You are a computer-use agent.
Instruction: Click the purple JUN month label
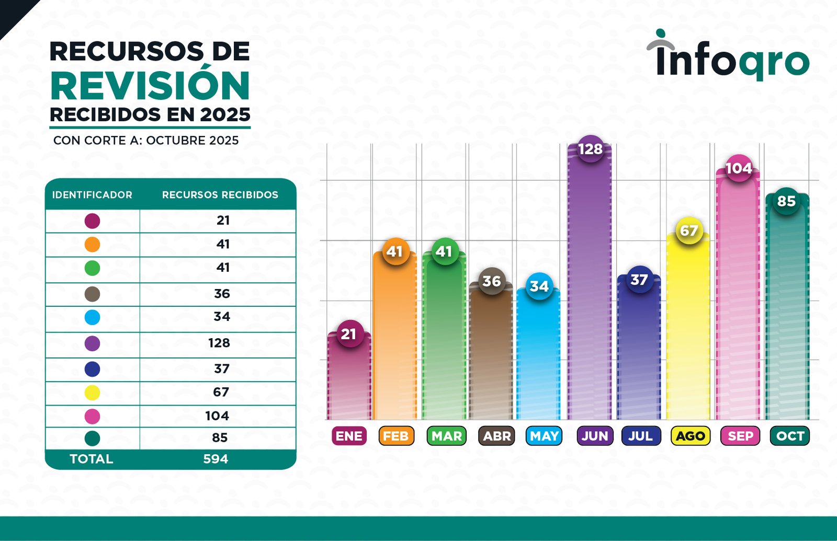point(595,436)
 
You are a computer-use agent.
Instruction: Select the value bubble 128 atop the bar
point(590,149)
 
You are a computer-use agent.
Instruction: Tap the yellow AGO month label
point(690,436)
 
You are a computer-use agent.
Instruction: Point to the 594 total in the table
point(216,459)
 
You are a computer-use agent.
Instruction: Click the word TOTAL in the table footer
point(92,459)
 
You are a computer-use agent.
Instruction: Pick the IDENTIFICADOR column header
point(92,195)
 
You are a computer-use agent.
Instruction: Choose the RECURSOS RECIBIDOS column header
point(220,195)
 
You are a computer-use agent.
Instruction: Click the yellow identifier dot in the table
point(92,393)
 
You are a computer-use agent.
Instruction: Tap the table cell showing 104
point(217,416)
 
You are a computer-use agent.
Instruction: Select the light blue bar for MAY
point(538,361)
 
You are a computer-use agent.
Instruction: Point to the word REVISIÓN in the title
point(150,86)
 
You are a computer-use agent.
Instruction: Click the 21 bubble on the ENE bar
point(349,334)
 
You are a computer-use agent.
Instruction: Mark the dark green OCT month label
point(789,436)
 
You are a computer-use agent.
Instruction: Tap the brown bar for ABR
point(491,361)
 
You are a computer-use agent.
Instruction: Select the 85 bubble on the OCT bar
point(786,201)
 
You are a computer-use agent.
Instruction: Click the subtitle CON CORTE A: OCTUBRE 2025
point(146,141)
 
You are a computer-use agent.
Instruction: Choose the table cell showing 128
point(219,343)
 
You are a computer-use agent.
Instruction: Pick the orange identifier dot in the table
point(92,245)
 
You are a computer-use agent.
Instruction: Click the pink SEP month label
point(740,436)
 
